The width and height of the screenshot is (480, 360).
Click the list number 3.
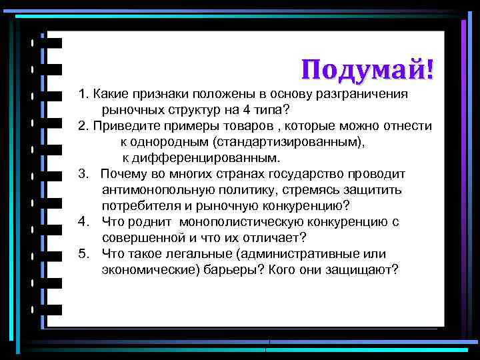point(83,174)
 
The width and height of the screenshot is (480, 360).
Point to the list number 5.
point(83,254)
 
